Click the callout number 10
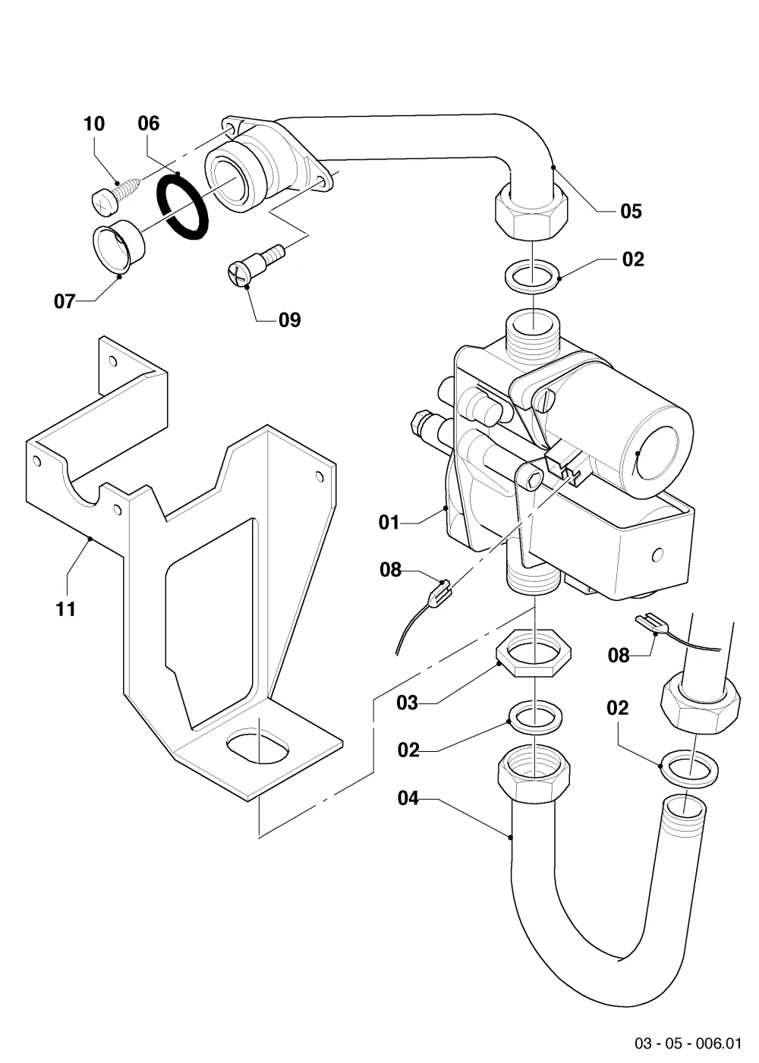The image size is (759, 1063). click(x=94, y=124)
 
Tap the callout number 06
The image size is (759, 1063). click(x=149, y=124)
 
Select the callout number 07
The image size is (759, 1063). click(x=65, y=301)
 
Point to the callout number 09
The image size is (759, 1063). click(x=289, y=320)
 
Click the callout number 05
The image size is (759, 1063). click(x=631, y=211)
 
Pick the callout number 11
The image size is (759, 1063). click(x=66, y=609)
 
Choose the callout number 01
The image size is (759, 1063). click(x=389, y=523)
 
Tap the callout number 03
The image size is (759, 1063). click(x=408, y=703)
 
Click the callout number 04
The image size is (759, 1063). click(x=408, y=798)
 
